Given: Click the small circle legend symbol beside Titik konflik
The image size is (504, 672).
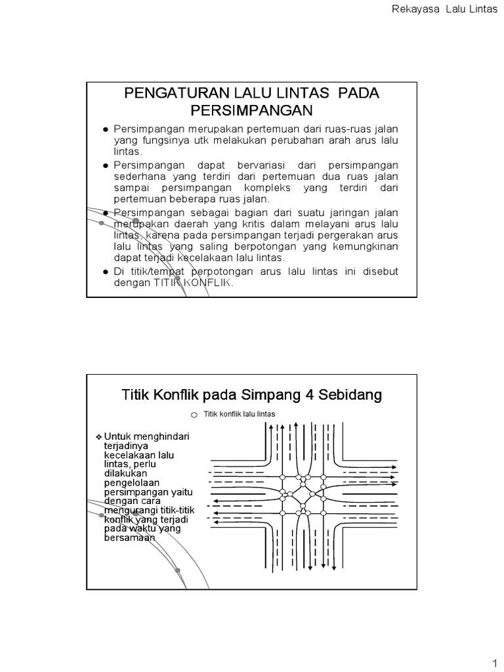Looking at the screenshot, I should (x=194, y=415).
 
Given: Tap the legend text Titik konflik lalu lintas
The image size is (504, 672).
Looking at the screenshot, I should (x=240, y=414).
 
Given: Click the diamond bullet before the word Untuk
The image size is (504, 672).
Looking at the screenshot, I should (x=98, y=436).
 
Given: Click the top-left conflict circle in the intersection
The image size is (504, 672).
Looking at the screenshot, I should (x=283, y=477).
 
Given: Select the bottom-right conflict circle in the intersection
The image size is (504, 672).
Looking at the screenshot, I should (x=324, y=513).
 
